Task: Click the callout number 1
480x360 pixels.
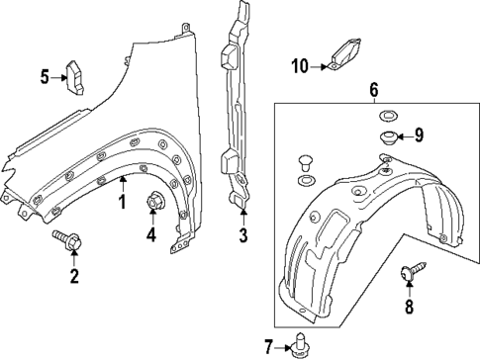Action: coord(122,203)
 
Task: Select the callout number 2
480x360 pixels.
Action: coord(73,275)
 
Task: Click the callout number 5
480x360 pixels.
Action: coord(44,75)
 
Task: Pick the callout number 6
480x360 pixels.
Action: coord(373,91)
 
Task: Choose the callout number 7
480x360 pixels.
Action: coord(268,345)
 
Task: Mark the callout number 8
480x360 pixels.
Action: coord(408,307)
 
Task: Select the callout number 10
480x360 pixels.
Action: coord(300,66)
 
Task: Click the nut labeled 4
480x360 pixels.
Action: coord(153,202)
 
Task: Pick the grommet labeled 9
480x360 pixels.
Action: coord(387,135)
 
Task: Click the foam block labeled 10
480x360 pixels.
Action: coord(346,54)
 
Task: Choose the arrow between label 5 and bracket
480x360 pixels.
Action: coord(58,75)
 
